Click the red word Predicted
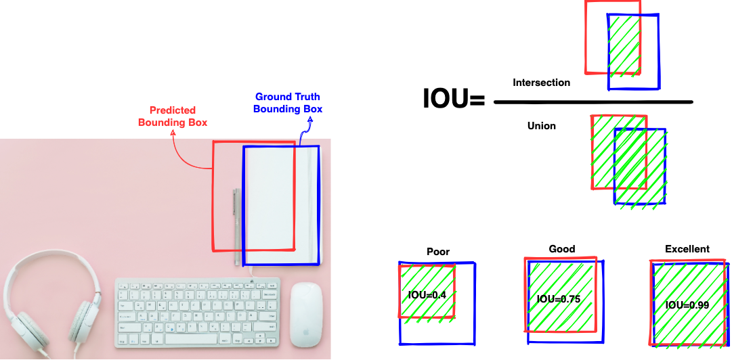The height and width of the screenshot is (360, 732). tap(173, 110)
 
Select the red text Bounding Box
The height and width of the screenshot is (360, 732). tap(173, 122)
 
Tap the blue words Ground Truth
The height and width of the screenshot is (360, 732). tap(288, 97)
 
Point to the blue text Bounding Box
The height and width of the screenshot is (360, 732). tap(288, 108)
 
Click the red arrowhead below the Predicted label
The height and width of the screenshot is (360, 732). tap(173, 133)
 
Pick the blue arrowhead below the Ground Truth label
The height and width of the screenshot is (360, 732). tap(311, 124)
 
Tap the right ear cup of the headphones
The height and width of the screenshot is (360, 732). tap(83, 321)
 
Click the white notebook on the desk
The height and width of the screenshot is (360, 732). tap(281, 203)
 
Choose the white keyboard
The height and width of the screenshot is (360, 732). tap(197, 312)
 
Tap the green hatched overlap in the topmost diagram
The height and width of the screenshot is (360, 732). tap(624, 45)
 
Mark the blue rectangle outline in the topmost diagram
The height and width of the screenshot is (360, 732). tap(658, 54)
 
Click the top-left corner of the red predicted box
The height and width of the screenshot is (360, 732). tap(214, 142)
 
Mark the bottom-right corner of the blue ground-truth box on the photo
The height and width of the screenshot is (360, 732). tap(318, 264)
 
